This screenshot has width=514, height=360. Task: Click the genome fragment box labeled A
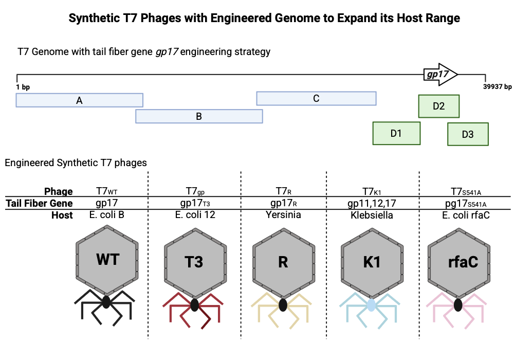tap(79, 100)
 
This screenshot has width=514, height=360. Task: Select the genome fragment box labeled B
tap(199, 116)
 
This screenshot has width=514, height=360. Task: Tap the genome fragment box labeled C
tap(316, 98)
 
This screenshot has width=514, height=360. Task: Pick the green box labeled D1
tap(396, 133)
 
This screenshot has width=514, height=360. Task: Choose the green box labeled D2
tap(438, 106)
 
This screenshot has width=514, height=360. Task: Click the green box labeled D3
tap(468, 134)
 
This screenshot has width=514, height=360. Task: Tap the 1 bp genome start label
tap(23, 87)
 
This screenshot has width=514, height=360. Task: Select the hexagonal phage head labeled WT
tap(107, 259)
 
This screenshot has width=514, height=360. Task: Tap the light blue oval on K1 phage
tap(371, 305)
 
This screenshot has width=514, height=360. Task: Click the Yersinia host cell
tap(283, 215)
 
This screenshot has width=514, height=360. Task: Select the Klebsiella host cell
tap(371, 215)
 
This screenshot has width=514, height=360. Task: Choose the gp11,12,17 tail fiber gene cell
tap(371, 203)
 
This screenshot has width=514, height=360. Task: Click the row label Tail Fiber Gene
tap(39, 203)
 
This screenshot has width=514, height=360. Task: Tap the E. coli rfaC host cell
tap(459, 215)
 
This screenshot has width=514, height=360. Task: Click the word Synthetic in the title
tap(93, 19)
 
